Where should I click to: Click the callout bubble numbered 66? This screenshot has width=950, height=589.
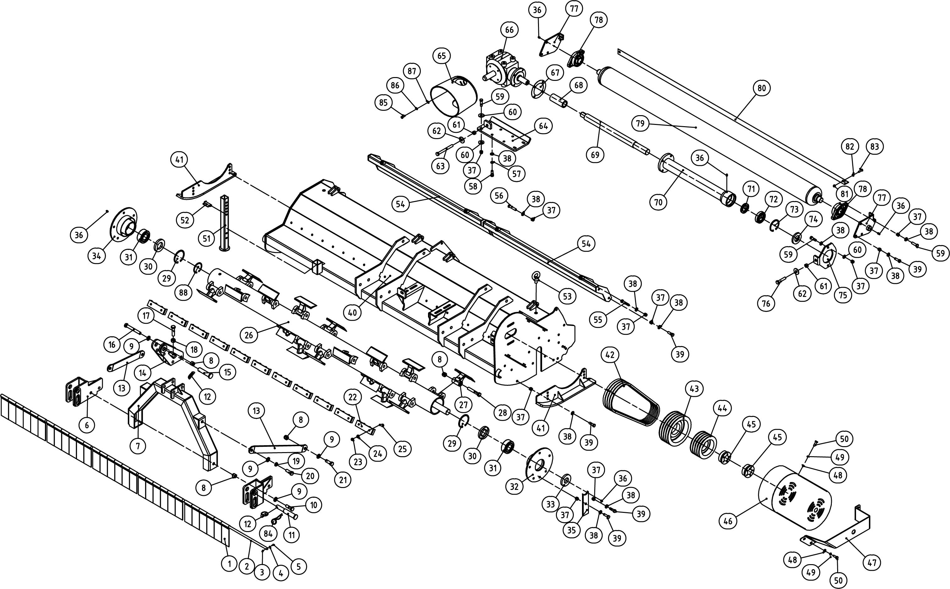click(509, 30)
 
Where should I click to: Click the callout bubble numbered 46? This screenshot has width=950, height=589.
click(728, 521)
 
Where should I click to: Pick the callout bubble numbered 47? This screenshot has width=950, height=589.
click(872, 563)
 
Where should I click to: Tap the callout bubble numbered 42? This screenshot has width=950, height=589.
click(610, 355)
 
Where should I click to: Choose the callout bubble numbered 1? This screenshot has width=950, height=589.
click(229, 563)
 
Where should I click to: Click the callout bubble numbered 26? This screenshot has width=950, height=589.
click(249, 335)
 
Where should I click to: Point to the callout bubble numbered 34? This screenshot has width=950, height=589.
click(96, 256)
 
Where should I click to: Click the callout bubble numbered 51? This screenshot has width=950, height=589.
click(206, 238)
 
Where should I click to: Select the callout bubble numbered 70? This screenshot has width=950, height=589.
click(658, 202)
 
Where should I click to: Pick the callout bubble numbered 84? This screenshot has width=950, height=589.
click(268, 534)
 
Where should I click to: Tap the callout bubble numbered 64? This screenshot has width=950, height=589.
click(543, 126)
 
